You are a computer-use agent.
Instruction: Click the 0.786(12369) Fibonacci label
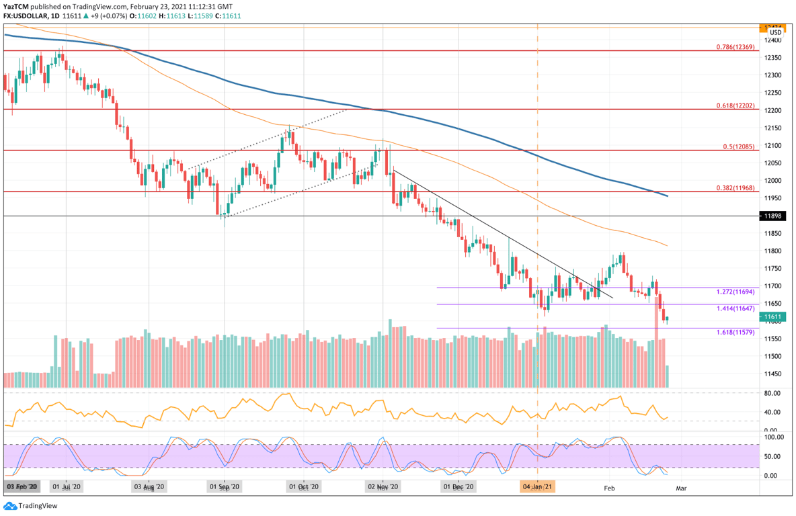click(x=735, y=47)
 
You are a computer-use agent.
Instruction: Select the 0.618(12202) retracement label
click(x=735, y=106)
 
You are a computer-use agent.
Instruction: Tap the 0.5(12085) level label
click(x=738, y=147)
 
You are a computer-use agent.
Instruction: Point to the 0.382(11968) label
click(x=735, y=188)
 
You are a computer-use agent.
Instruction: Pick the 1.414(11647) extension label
click(x=735, y=309)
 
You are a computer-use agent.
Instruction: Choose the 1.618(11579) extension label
click(x=735, y=333)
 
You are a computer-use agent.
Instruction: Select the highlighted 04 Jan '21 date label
click(x=538, y=486)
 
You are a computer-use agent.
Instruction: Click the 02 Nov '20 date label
click(x=383, y=486)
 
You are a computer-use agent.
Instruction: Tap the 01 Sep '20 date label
click(x=225, y=486)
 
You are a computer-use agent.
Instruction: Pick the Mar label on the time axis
click(x=680, y=486)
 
